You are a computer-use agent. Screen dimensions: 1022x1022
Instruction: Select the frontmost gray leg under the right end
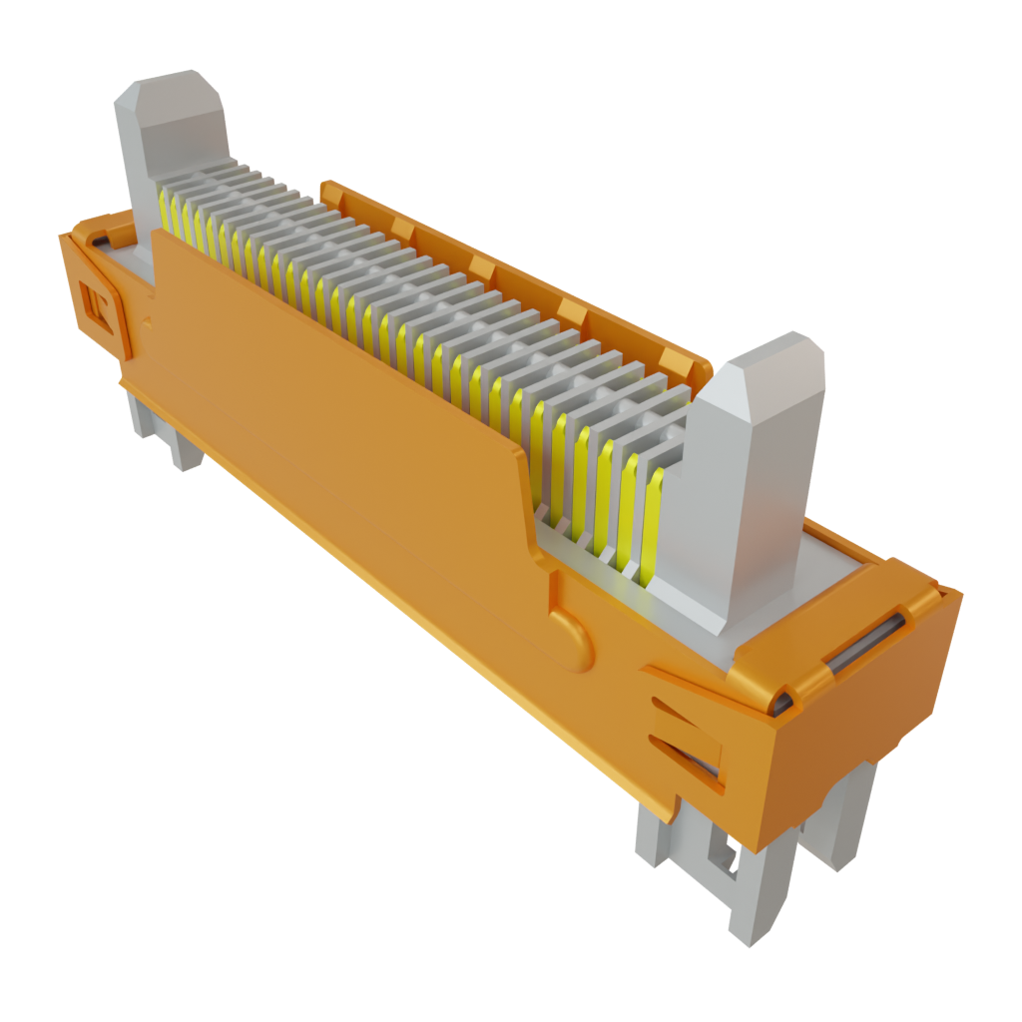[749, 898]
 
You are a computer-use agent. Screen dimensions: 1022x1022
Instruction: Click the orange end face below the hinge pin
[858, 739]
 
